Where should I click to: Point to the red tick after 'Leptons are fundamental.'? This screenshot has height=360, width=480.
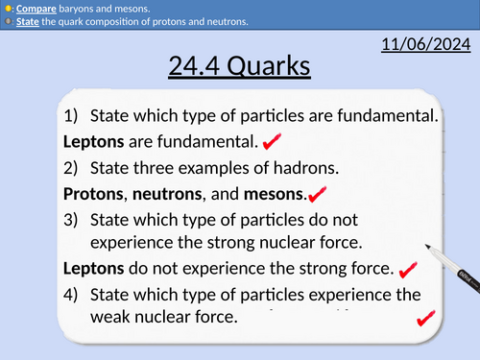272,142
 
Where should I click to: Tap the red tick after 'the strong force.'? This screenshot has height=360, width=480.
407,270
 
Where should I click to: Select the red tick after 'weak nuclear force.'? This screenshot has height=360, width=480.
423,320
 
